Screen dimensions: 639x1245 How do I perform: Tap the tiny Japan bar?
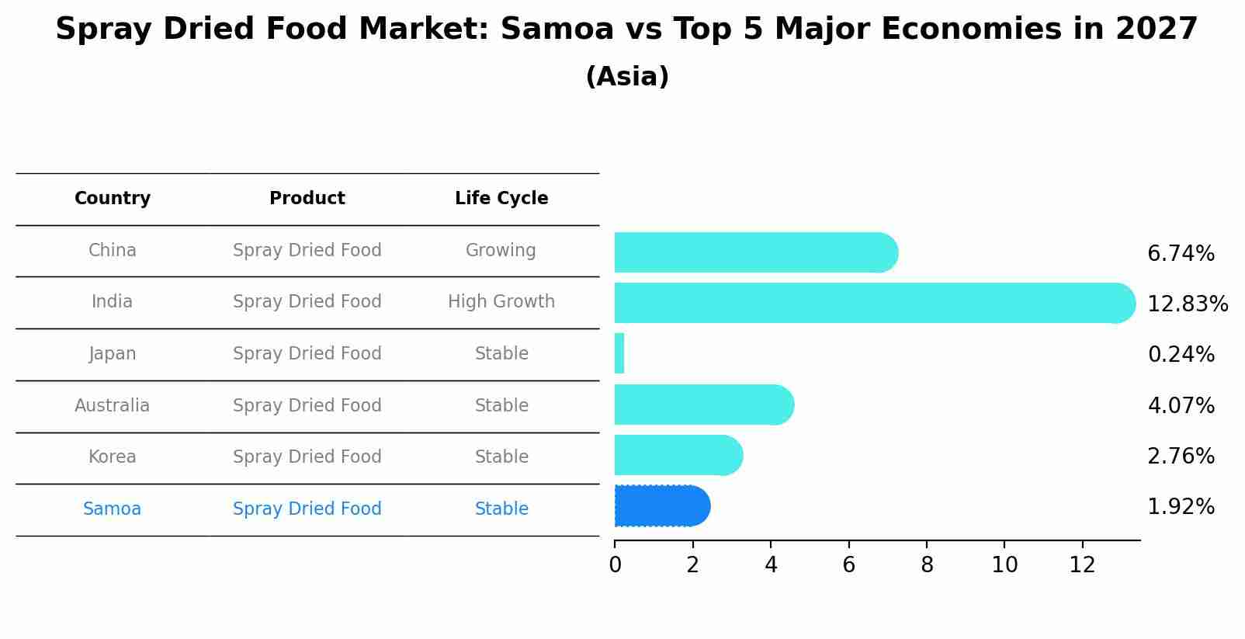[619, 354]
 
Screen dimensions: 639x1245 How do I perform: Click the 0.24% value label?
[1181, 355]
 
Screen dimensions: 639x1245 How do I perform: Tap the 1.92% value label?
[1181, 507]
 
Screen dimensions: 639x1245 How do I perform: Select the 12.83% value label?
[1187, 304]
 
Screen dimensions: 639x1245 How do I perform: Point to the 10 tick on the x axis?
[1004, 565]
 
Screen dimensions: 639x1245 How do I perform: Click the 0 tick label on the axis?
[615, 565]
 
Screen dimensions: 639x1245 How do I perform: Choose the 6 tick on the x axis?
[848, 565]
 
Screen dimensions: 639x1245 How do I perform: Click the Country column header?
[113, 199]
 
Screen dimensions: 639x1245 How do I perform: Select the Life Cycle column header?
[501, 199]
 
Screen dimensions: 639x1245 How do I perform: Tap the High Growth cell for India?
[501, 302]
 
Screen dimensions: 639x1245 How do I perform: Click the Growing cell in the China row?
[501, 251]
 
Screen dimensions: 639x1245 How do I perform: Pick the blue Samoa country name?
[113, 509]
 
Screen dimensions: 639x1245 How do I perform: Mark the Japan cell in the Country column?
[113, 354]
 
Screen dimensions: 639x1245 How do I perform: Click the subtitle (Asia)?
[627, 77]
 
